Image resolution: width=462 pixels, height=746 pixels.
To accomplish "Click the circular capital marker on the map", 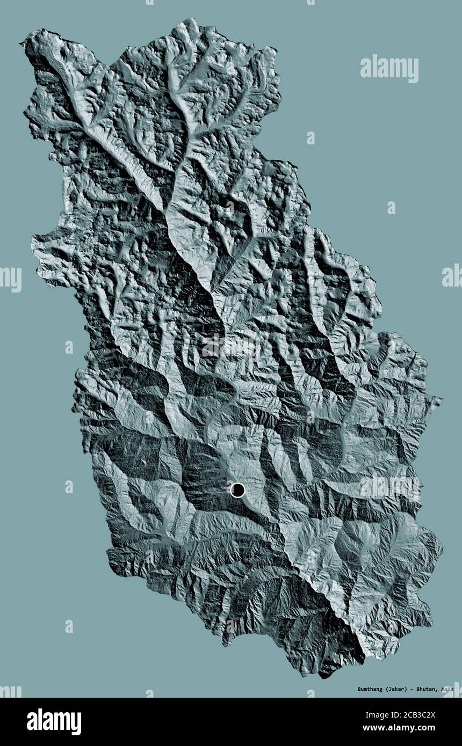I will (x=237, y=489).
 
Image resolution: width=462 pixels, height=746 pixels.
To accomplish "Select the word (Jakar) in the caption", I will (x=392, y=689).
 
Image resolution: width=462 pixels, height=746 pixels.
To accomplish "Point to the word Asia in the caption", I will (x=448, y=689).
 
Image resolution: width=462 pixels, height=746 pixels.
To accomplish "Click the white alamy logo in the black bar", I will (x=54, y=722).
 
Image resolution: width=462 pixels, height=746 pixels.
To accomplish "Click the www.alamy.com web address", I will (x=414, y=728).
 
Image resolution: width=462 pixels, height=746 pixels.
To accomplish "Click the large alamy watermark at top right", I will (x=389, y=68).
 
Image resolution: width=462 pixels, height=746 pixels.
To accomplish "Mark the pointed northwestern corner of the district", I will (x=22, y=43).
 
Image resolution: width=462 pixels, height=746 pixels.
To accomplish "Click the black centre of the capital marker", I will (x=237, y=489).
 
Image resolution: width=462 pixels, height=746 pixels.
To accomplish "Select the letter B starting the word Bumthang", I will (x=344, y=689).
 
